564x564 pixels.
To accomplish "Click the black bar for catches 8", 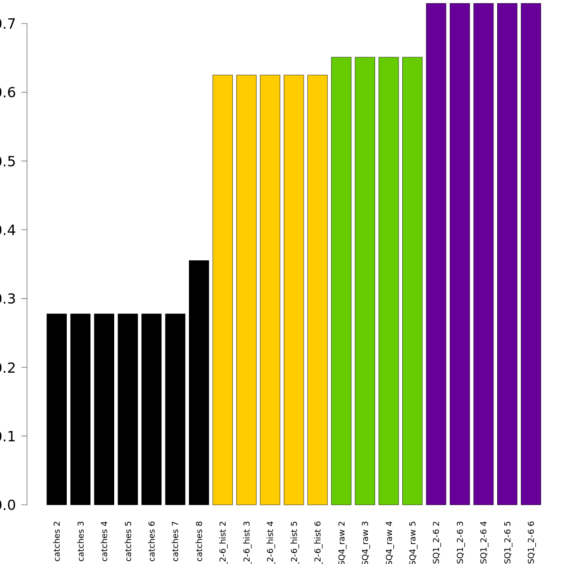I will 199,383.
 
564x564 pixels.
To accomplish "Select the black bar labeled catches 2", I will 56,409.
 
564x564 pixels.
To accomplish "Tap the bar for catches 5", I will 128,409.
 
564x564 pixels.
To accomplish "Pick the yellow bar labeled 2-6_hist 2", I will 223,290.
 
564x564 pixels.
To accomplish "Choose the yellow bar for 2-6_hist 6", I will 317,290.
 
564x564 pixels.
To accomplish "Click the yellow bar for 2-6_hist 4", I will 270,290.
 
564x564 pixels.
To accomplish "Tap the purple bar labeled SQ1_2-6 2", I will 436,254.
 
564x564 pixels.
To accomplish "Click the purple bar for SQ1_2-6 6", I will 531,254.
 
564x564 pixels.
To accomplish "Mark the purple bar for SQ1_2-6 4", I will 483,254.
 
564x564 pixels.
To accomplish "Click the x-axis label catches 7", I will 175,545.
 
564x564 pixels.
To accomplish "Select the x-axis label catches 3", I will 81,545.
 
